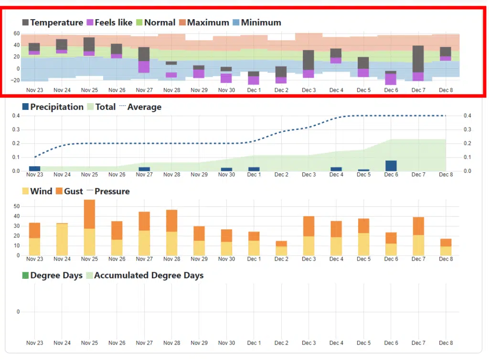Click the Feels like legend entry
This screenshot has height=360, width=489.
(113, 22)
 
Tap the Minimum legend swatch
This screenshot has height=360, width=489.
(235, 22)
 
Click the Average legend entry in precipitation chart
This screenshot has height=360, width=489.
(144, 107)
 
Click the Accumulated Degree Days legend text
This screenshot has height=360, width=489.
(149, 275)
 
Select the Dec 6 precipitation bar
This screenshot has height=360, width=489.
(391, 166)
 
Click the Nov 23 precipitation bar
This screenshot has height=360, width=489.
(34, 169)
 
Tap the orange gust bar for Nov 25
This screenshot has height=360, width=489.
(89, 214)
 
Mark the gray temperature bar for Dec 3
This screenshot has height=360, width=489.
(308, 60)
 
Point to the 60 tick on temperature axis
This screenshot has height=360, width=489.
(17, 33)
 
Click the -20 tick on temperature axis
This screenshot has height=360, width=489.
(16, 80)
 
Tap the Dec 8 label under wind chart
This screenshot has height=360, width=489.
(446, 259)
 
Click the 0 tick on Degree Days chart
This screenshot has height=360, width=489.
(19, 312)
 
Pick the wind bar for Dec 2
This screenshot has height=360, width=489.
(281, 251)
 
